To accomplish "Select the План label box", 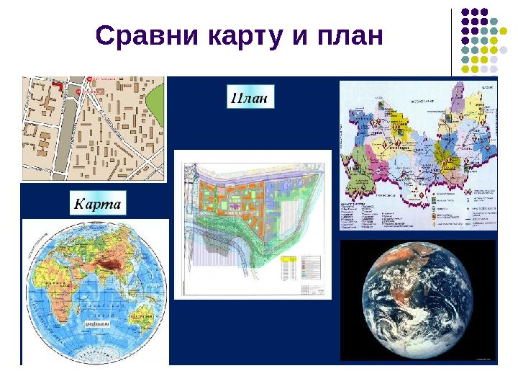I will pyautogui.click(x=251, y=97).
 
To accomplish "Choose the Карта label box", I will pyautogui.click(x=98, y=205).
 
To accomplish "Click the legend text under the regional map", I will pyautogui.click(x=417, y=213).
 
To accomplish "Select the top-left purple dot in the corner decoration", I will pyautogui.click(x=465, y=12).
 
